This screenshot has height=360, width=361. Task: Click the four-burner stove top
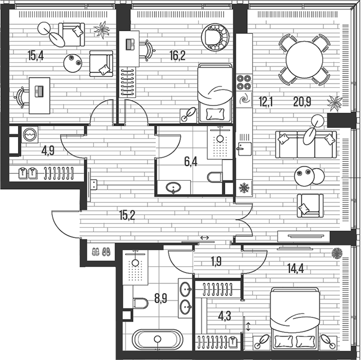(x=243, y=81)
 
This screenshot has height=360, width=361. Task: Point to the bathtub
(x=156, y=340)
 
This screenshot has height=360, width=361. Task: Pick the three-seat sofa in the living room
(x=306, y=144)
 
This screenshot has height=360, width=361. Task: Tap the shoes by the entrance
(x=100, y=252)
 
